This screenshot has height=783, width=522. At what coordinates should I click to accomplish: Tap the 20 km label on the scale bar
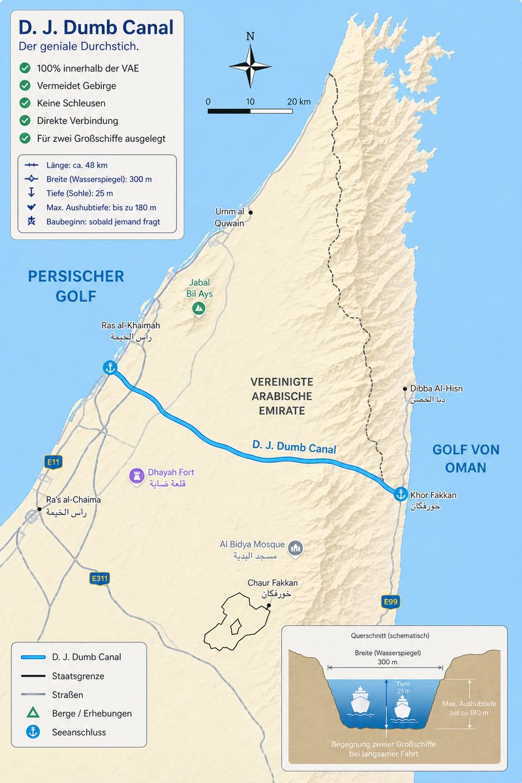[299, 102]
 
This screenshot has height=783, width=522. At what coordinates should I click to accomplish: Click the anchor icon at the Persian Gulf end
[110, 368]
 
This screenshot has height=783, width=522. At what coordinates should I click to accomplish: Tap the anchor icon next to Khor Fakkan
[401, 494]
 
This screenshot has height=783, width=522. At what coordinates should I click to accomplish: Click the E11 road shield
[54, 462]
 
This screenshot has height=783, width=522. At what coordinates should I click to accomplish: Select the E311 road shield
[100, 578]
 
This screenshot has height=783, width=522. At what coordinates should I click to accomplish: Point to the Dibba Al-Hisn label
[436, 389]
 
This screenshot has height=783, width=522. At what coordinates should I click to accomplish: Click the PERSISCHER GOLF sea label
[76, 286]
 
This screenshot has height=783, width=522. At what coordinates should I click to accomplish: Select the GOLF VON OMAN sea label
[466, 458]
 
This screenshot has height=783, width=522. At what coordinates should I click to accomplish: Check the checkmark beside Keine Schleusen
[25, 103]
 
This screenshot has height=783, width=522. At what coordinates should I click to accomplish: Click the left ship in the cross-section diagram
[360, 700]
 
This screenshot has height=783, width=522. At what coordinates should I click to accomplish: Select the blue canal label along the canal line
[294, 447]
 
